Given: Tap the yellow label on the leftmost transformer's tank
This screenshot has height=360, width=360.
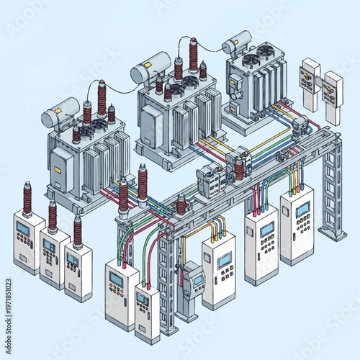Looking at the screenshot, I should (56, 170).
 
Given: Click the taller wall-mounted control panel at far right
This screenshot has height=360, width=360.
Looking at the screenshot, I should (310, 83).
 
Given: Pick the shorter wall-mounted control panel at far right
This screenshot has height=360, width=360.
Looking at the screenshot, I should (333, 96).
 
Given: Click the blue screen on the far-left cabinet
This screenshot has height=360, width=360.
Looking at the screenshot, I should (23, 229).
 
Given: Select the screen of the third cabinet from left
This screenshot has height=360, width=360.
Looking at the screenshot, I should (73, 258).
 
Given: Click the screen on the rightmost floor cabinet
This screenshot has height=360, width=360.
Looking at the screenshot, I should (302, 210).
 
